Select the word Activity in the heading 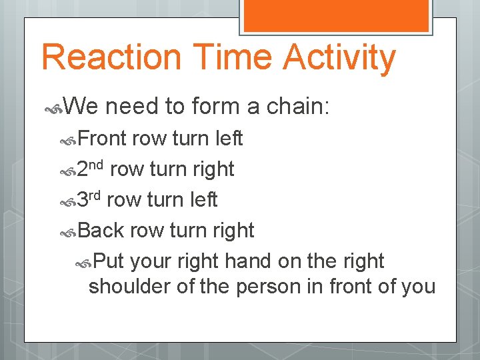click(339, 58)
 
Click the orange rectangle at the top click(336, 15)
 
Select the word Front click(102, 139)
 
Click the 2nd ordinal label click(91, 169)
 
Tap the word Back click(101, 230)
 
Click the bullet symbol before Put click(85, 261)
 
